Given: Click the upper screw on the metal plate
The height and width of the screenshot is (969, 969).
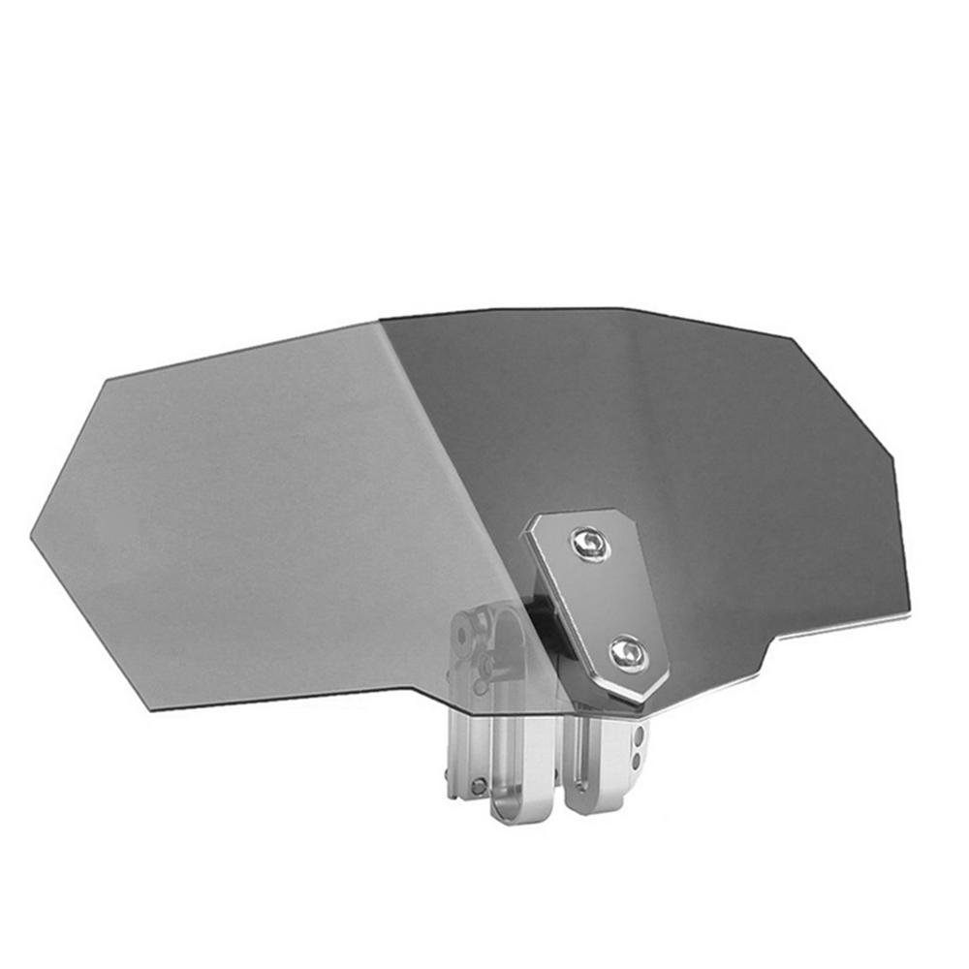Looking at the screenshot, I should coord(590,544).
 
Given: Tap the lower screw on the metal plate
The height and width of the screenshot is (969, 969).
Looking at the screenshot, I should coord(628,653).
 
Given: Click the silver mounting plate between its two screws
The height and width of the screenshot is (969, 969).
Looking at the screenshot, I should coord(608,599).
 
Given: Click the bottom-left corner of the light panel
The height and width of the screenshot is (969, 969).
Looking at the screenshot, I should coord(150,708).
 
